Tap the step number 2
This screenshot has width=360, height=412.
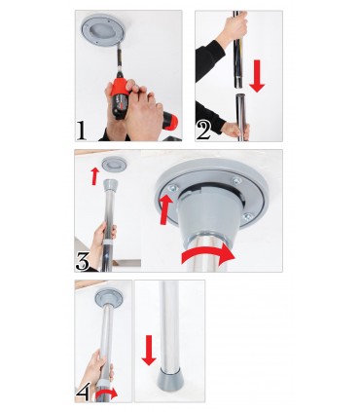[x=204, y=128]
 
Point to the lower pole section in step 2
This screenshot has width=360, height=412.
[x=238, y=115]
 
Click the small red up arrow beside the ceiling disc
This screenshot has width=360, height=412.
[x=93, y=176]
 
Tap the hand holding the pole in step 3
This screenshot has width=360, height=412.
[x=106, y=239]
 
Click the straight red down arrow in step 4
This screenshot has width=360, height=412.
[x=148, y=349]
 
